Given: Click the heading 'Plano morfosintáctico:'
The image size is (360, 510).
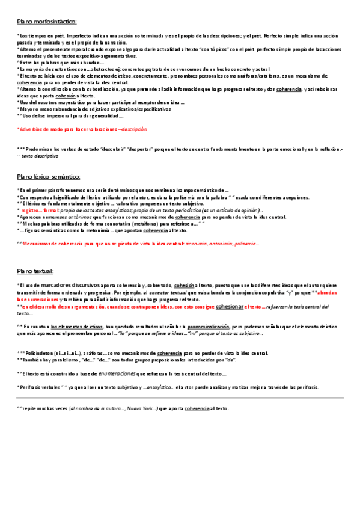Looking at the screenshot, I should coord(47,22).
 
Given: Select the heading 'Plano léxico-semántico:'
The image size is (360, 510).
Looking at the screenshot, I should coord(49,177).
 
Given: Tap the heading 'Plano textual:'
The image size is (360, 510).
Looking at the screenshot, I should coord(35,271).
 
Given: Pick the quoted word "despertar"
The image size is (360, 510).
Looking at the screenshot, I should coord(145,149).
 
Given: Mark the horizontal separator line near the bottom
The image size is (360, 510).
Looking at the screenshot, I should coord(180,398).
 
